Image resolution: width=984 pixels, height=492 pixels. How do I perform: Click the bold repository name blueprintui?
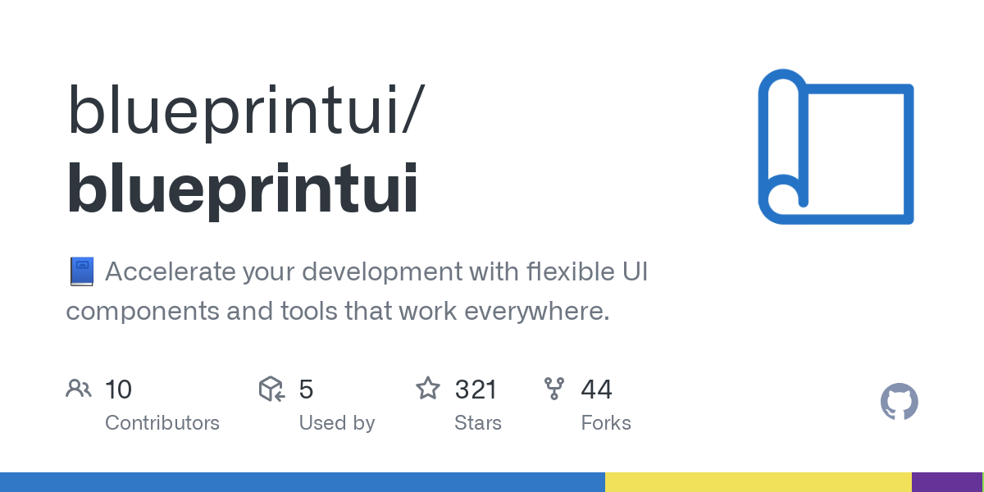[243, 190]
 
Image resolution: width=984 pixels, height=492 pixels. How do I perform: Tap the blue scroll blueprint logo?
[836, 147]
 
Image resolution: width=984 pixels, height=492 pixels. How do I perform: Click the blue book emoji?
[81, 271]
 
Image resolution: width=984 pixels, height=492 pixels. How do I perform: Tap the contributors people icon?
[79, 389]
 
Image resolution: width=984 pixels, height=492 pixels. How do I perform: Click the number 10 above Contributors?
[119, 389]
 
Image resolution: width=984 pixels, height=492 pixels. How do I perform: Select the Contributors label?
[162, 423]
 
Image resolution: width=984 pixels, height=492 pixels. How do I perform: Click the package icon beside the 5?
[271, 389]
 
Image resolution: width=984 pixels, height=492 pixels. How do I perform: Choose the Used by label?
[337, 423]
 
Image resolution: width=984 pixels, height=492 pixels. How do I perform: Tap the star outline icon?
[428, 389]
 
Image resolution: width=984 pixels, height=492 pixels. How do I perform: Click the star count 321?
[476, 389]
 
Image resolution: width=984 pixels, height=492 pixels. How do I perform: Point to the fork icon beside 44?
[554, 389]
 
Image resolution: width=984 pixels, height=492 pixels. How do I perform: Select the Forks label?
[606, 423]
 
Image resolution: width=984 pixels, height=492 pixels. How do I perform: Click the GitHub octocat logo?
[900, 403]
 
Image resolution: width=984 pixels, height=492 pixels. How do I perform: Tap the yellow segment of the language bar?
[758, 482]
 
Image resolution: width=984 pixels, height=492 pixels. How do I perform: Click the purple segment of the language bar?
[946, 482]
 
